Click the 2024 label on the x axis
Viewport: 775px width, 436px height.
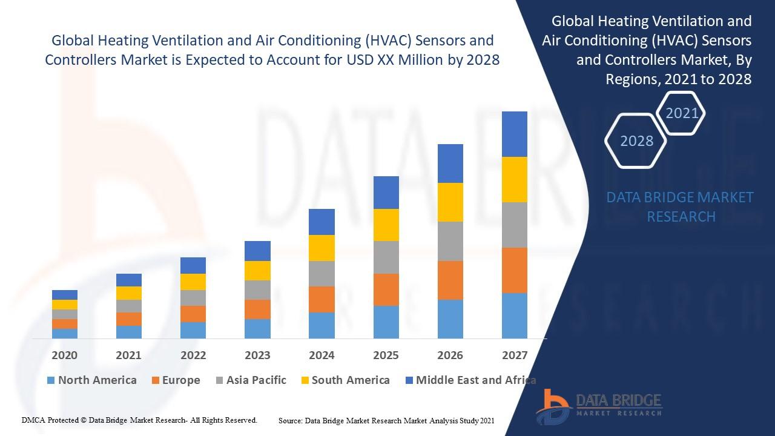(322, 355)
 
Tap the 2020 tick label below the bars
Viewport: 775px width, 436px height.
(64, 355)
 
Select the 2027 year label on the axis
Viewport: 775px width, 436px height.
(514, 355)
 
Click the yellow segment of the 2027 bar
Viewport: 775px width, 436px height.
(514, 179)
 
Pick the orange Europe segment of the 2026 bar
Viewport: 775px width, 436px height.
(450, 280)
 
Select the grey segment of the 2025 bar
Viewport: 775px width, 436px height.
(386, 257)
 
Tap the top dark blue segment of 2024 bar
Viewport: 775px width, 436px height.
(322, 222)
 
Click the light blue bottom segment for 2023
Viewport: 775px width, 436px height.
(257, 328)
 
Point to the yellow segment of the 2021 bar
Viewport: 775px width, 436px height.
(128, 293)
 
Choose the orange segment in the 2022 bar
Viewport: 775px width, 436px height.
(193, 314)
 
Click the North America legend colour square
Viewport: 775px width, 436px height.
(51, 381)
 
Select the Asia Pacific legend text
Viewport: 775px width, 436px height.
(256, 380)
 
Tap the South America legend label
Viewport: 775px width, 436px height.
(351, 380)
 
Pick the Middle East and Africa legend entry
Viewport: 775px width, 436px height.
(475, 380)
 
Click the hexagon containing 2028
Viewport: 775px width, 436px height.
(636, 141)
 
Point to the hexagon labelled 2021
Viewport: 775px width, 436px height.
(682, 113)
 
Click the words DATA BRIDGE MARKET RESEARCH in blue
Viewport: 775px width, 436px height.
(681, 206)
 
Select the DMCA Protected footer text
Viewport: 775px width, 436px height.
(139, 420)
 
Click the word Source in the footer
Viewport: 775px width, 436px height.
(290, 420)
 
